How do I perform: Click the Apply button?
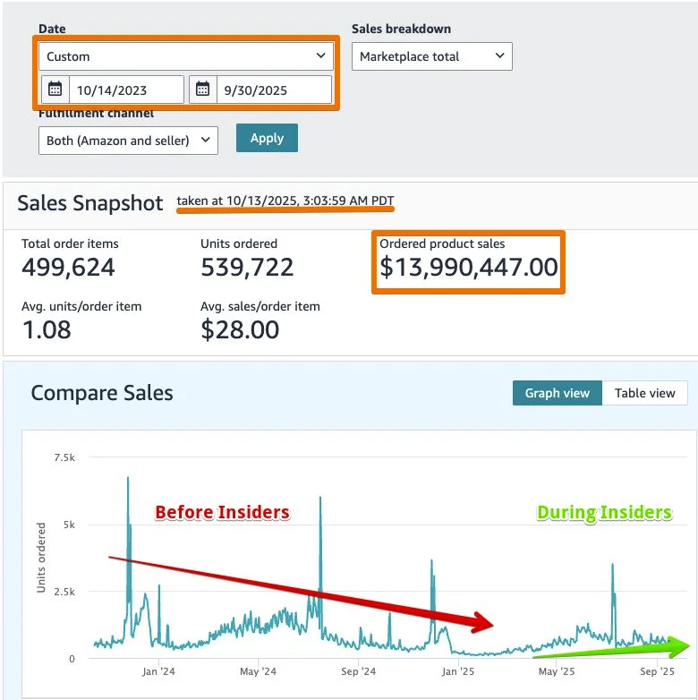point(267,138)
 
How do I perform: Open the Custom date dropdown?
point(185,56)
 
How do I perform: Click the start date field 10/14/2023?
point(125,90)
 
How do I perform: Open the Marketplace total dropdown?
point(431,56)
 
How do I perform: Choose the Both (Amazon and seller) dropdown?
point(128,141)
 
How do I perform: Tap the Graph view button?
point(557,393)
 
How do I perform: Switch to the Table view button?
point(645,393)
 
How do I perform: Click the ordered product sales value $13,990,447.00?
point(468,267)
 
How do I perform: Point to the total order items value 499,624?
point(68,267)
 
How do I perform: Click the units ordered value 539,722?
point(247,267)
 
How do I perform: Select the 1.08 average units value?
point(47,329)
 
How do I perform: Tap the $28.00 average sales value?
point(240,329)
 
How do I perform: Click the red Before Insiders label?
point(222,512)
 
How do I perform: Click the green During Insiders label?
point(604,512)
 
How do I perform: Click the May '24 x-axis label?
point(257,670)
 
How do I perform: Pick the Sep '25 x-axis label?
point(657,670)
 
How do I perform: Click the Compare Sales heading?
point(102,393)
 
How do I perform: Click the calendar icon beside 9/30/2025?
point(202,90)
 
